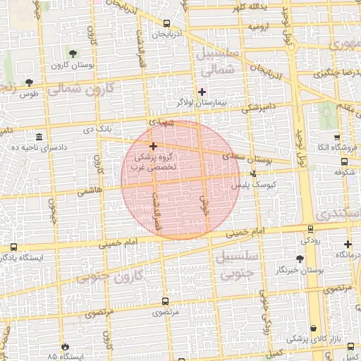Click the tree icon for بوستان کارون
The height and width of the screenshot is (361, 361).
73,54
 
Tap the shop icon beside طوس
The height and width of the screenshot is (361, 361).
29,82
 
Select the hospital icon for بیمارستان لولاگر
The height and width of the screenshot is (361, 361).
202,92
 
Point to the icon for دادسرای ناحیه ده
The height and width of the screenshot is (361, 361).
37,136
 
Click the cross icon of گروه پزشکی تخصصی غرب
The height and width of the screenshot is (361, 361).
154,146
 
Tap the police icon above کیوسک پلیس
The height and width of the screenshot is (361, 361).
254,173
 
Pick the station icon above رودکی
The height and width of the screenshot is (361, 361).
310,228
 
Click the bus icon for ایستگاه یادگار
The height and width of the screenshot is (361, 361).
13,247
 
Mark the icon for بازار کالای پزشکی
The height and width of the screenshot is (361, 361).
312,328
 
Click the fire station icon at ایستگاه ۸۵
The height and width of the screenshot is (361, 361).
66,346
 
